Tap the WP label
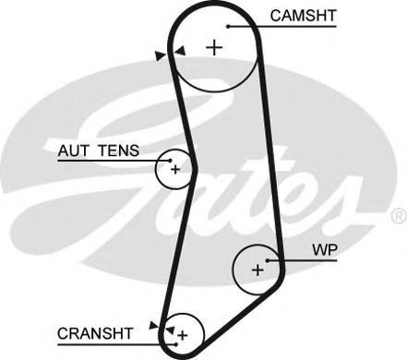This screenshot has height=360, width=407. (324, 249)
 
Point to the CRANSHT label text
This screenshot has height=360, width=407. (93, 331)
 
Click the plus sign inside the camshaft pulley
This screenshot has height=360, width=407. (215, 47)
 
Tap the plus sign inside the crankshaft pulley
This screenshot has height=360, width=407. (183, 333)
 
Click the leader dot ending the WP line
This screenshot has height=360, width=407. (269, 260)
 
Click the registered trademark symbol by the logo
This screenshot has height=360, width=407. (398, 216)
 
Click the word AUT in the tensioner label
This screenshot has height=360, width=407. (73, 150)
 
